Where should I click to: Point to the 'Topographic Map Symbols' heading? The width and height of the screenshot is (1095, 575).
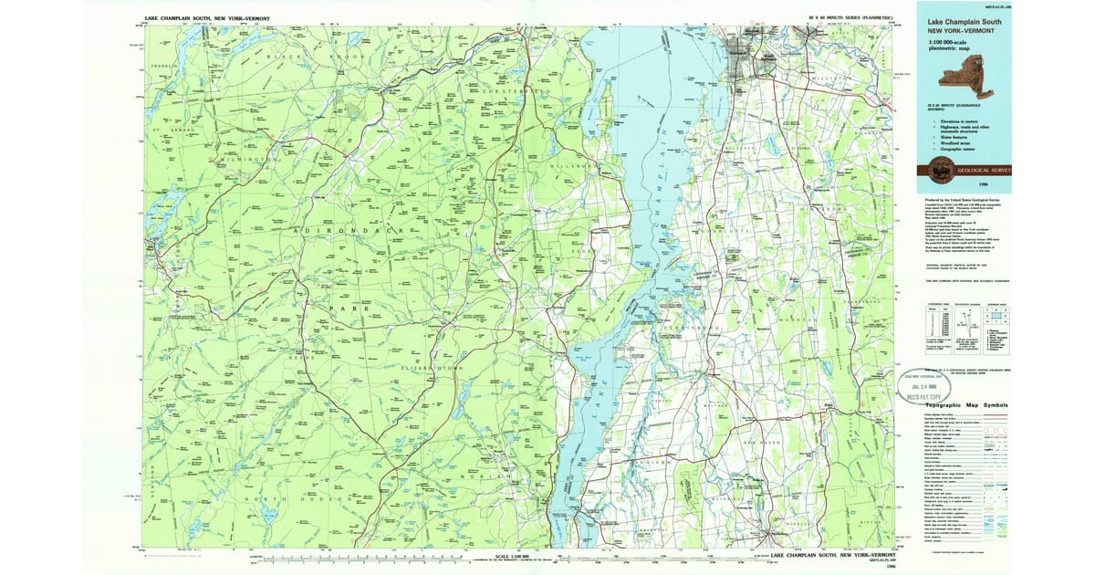pos(969,404)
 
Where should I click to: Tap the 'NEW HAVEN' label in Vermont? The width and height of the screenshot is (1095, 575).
pos(764,442)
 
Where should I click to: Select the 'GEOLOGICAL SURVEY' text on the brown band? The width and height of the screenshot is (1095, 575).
pos(984,170)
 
